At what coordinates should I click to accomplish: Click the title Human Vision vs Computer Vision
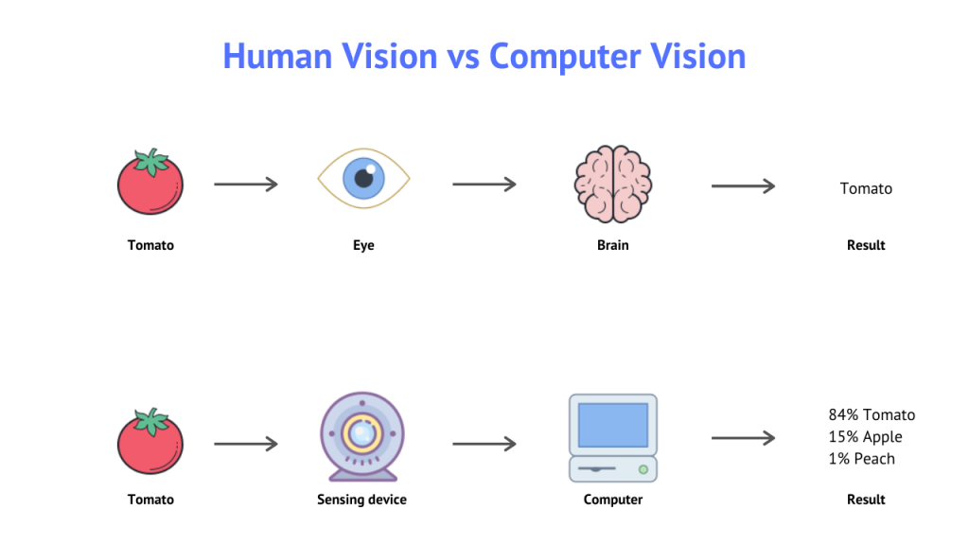484,56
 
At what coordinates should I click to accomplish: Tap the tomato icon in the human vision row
150,183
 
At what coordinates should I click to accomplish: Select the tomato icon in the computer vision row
150,442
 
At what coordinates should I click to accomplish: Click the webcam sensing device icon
361,436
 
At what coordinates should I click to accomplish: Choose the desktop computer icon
612,438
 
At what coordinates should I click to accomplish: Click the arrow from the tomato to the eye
246,184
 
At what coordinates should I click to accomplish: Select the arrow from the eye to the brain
484,184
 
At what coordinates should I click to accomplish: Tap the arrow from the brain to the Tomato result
743,186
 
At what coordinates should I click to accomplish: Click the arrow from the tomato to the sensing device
246,443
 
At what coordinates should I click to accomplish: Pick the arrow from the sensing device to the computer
484,443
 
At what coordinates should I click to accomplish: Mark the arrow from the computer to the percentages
743,437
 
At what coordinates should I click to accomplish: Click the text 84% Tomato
872,414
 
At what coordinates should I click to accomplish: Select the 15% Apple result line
865,436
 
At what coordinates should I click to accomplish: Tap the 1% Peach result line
861,458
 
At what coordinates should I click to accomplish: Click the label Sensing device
361,500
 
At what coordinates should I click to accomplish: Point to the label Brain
612,245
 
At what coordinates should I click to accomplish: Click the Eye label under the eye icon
363,245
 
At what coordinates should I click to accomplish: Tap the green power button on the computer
643,468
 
